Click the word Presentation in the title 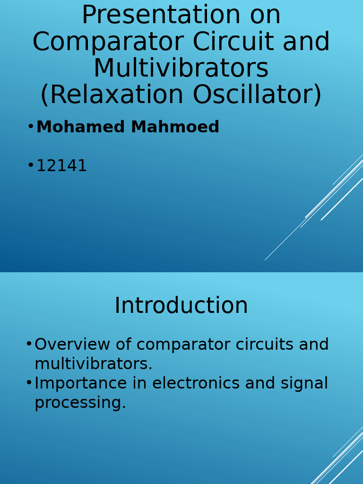pyautogui.click(x=161, y=16)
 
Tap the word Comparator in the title pyautogui.click(x=107, y=43)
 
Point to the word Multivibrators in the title pyautogui.click(x=181, y=69)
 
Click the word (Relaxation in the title pyautogui.click(x=112, y=95)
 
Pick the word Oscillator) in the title pyautogui.click(x=257, y=95)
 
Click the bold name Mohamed pyautogui.click(x=80, y=127)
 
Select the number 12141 pyautogui.click(x=61, y=166)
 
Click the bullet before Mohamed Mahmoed pyautogui.click(x=31, y=126)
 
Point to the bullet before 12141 pyautogui.click(x=31, y=165)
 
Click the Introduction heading pyautogui.click(x=181, y=306)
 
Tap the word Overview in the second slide pyautogui.click(x=72, y=345)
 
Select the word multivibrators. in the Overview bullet pyautogui.click(x=93, y=364)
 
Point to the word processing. pyautogui.click(x=80, y=403)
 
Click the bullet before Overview pyautogui.click(x=29, y=344)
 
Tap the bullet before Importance pyautogui.click(x=29, y=382)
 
